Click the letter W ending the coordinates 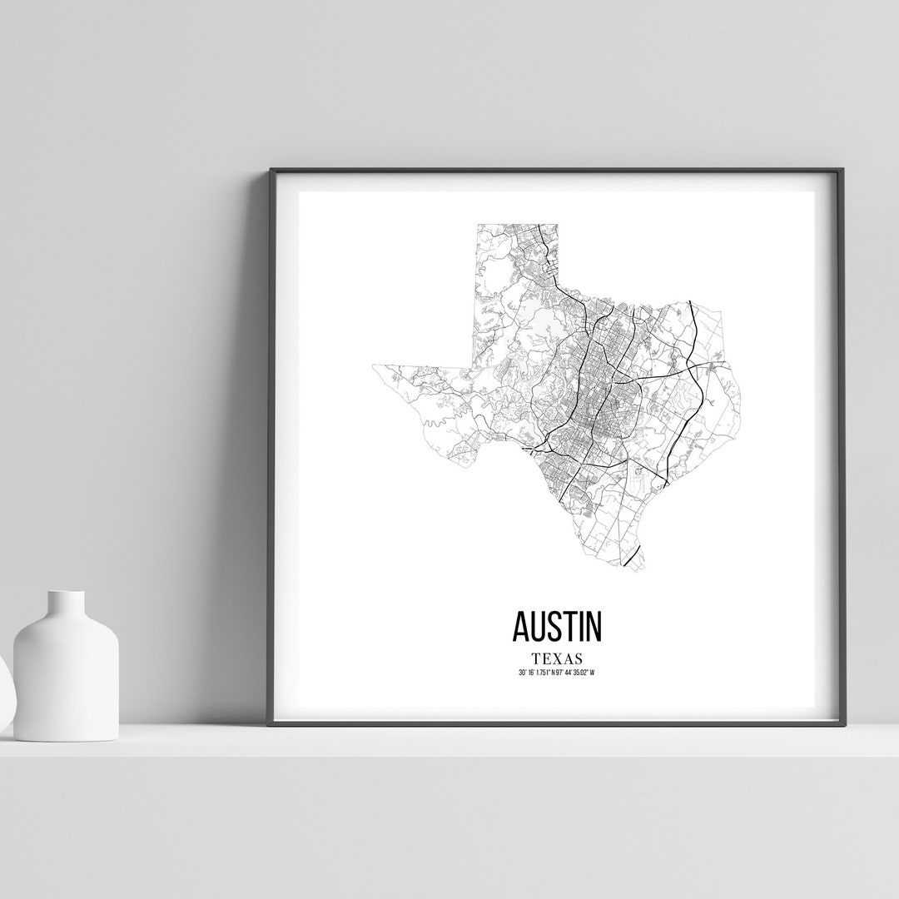click(x=594, y=672)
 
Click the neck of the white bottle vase click(x=66, y=603)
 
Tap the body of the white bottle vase click(x=66, y=674)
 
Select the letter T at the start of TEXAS click(x=524, y=658)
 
